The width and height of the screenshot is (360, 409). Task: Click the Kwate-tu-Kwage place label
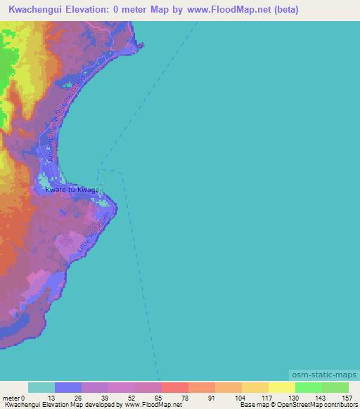pyautogui.click(x=72, y=190)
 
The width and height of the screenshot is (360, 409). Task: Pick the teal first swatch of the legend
pyautogui.click(x=41, y=387)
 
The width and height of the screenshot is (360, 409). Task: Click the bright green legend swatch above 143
pyautogui.click(x=309, y=387)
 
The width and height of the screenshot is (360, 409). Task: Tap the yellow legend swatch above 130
pyautogui.click(x=282, y=387)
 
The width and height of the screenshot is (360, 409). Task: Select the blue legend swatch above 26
pyautogui.click(x=68, y=387)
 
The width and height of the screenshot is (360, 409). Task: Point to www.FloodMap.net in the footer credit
pyautogui.click(x=153, y=405)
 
